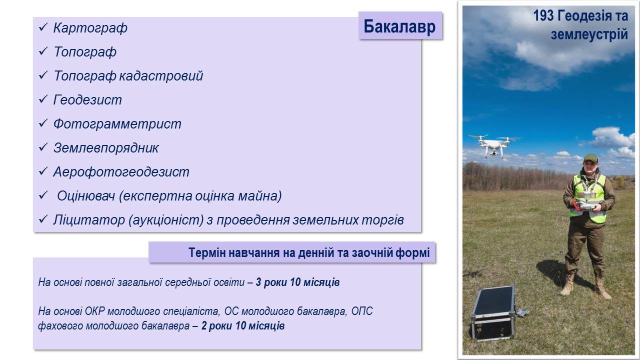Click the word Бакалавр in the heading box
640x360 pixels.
399,26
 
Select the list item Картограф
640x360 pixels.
90,28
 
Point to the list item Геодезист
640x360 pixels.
87,99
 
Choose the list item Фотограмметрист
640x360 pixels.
117,124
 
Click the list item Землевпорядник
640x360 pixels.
106,148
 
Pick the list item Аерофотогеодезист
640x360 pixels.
121,172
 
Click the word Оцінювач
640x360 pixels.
86,196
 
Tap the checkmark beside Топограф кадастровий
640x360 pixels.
43,75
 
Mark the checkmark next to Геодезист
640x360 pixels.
43,99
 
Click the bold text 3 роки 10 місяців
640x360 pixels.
297,282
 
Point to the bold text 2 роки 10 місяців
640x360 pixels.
243,325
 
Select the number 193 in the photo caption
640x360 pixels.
543,15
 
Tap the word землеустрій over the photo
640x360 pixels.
589,34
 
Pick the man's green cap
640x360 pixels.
590,158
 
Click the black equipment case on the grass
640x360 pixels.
493,313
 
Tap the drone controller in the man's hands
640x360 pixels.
586,205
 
